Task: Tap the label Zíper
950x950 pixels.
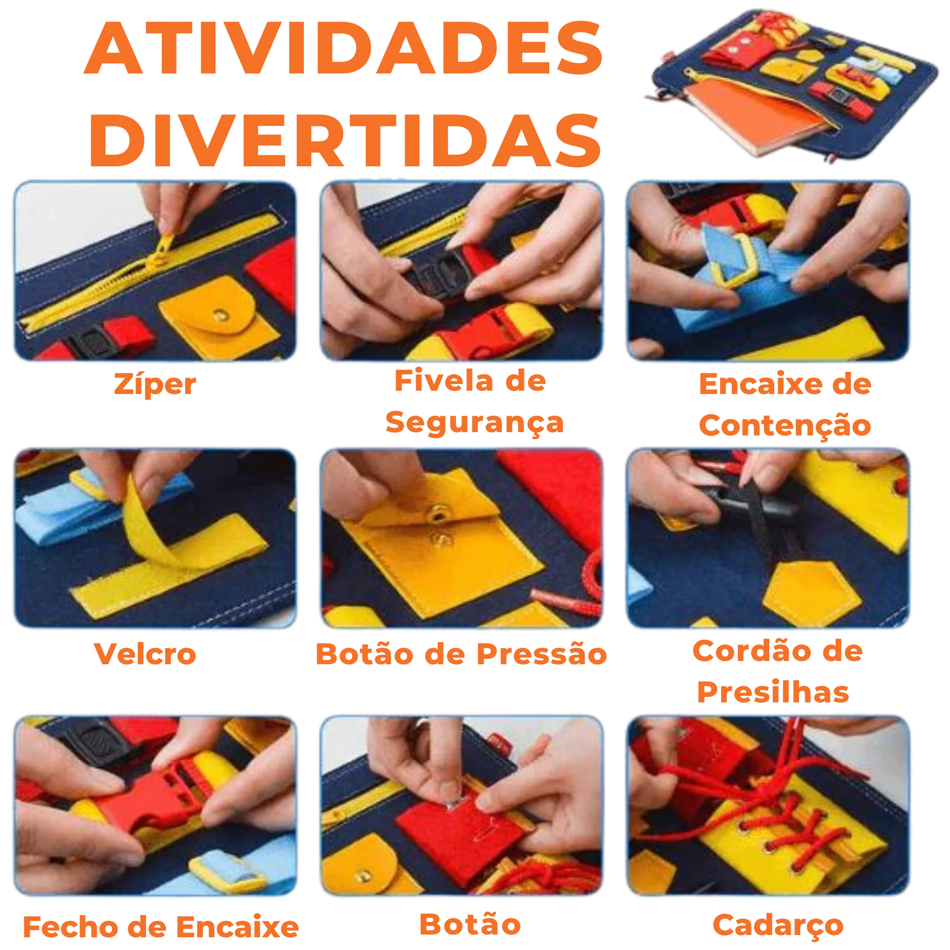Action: click(155, 384)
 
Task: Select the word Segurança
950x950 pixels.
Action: click(475, 423)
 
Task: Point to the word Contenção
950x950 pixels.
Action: click(785, 426)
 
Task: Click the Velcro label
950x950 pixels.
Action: click(145, 654)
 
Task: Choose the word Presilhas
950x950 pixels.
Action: click(773, 692)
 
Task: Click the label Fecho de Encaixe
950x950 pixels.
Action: click(160, 927)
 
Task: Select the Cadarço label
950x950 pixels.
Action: click(778, 926)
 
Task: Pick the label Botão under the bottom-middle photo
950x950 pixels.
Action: click(470, 924)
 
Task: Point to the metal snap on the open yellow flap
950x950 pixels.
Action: click(438, 515)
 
